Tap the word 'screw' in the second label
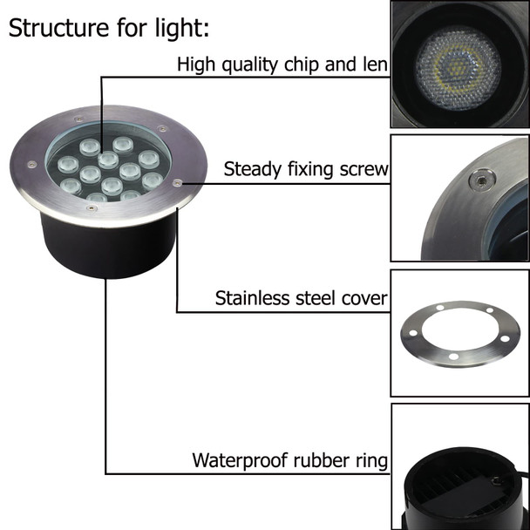tap(364, 169)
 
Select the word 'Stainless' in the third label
tap(251, 299)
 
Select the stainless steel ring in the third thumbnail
tap(459, 333)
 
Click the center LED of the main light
tap(108, 160)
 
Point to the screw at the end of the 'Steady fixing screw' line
tap(177, 183)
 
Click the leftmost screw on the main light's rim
tap(32, 164)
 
